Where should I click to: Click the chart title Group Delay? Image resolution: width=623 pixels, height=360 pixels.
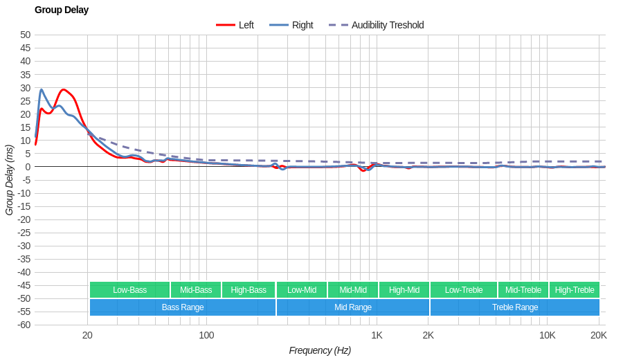tap(62, 10)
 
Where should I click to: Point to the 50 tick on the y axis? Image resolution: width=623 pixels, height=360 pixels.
tap(25, 35)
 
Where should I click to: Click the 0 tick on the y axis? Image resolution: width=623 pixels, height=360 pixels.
tap(28, 167)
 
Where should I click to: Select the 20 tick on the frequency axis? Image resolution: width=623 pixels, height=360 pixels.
tap(87, 335)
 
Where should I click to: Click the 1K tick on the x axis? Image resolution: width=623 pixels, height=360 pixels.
tap(377, 335)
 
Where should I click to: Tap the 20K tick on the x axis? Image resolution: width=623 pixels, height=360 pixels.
tap(599, 335)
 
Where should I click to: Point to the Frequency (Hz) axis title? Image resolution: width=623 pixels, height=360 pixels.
tap(320, 350)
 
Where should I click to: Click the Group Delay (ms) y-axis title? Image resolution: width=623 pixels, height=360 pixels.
tap(9, 180)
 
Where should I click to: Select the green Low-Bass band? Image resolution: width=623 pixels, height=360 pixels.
tap(129, 290)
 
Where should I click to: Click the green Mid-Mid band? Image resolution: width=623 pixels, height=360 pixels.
tap(353, 290)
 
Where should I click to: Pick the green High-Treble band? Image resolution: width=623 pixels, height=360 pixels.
tap(575, 290)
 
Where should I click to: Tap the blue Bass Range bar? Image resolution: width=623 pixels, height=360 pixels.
tap(183, 307)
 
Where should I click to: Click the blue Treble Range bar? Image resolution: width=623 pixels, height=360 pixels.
tap(515, 307)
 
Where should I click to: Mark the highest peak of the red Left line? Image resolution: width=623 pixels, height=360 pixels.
tap(64, 89)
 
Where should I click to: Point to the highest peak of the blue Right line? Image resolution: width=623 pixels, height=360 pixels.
tap(42, 89)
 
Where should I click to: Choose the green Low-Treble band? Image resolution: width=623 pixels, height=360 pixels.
tap(464, 290)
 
